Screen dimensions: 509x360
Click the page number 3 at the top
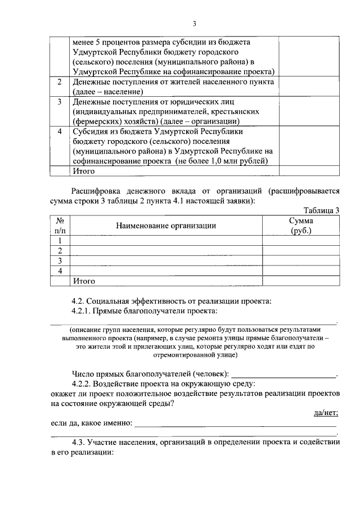coord(194,24)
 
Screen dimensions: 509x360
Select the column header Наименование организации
coord(165,226)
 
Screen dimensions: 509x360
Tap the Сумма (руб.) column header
coord(301,226)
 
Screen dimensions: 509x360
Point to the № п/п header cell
coord(60,226)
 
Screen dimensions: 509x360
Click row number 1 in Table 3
coord(60,241)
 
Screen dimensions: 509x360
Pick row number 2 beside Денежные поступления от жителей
coord(60,82)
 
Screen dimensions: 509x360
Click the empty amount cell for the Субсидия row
coord(309,146)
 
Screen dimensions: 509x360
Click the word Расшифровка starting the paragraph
coord(97,191)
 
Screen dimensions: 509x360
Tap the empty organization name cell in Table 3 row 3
coord(165,261)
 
